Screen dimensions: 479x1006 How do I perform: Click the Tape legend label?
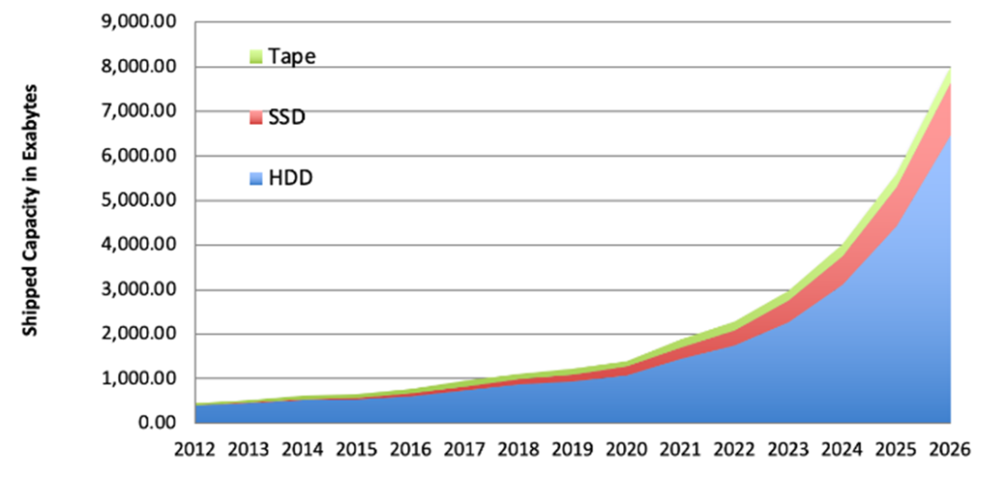click(x=292, y=56)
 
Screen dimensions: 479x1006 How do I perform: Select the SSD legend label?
click(x=288, y=118)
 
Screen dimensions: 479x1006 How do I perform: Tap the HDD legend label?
click(x=290, y=177)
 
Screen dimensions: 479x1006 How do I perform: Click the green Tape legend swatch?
click(x=256, y=58)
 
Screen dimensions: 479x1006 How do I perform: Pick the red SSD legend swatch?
click(x=256, y=119)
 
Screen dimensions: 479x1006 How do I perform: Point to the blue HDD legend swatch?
click(x=256, y=178)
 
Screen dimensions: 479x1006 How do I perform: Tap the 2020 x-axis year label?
click(x=626, y=448)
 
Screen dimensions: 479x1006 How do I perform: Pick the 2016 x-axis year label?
click(x=410, y=448)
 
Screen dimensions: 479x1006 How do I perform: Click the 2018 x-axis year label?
click(x=518, y=448)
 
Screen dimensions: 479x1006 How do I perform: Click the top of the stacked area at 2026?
click(x=949, y=70)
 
